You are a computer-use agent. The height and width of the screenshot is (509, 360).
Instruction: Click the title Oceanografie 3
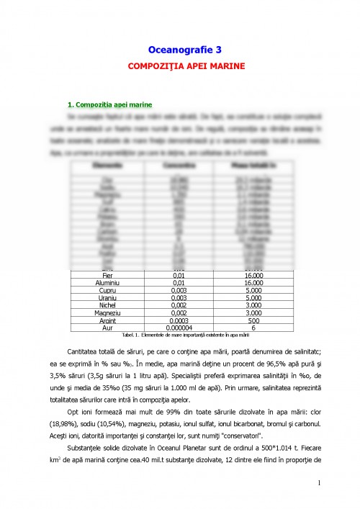point(184,50)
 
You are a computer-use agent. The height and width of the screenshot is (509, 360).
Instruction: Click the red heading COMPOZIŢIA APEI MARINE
point(185,66)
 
